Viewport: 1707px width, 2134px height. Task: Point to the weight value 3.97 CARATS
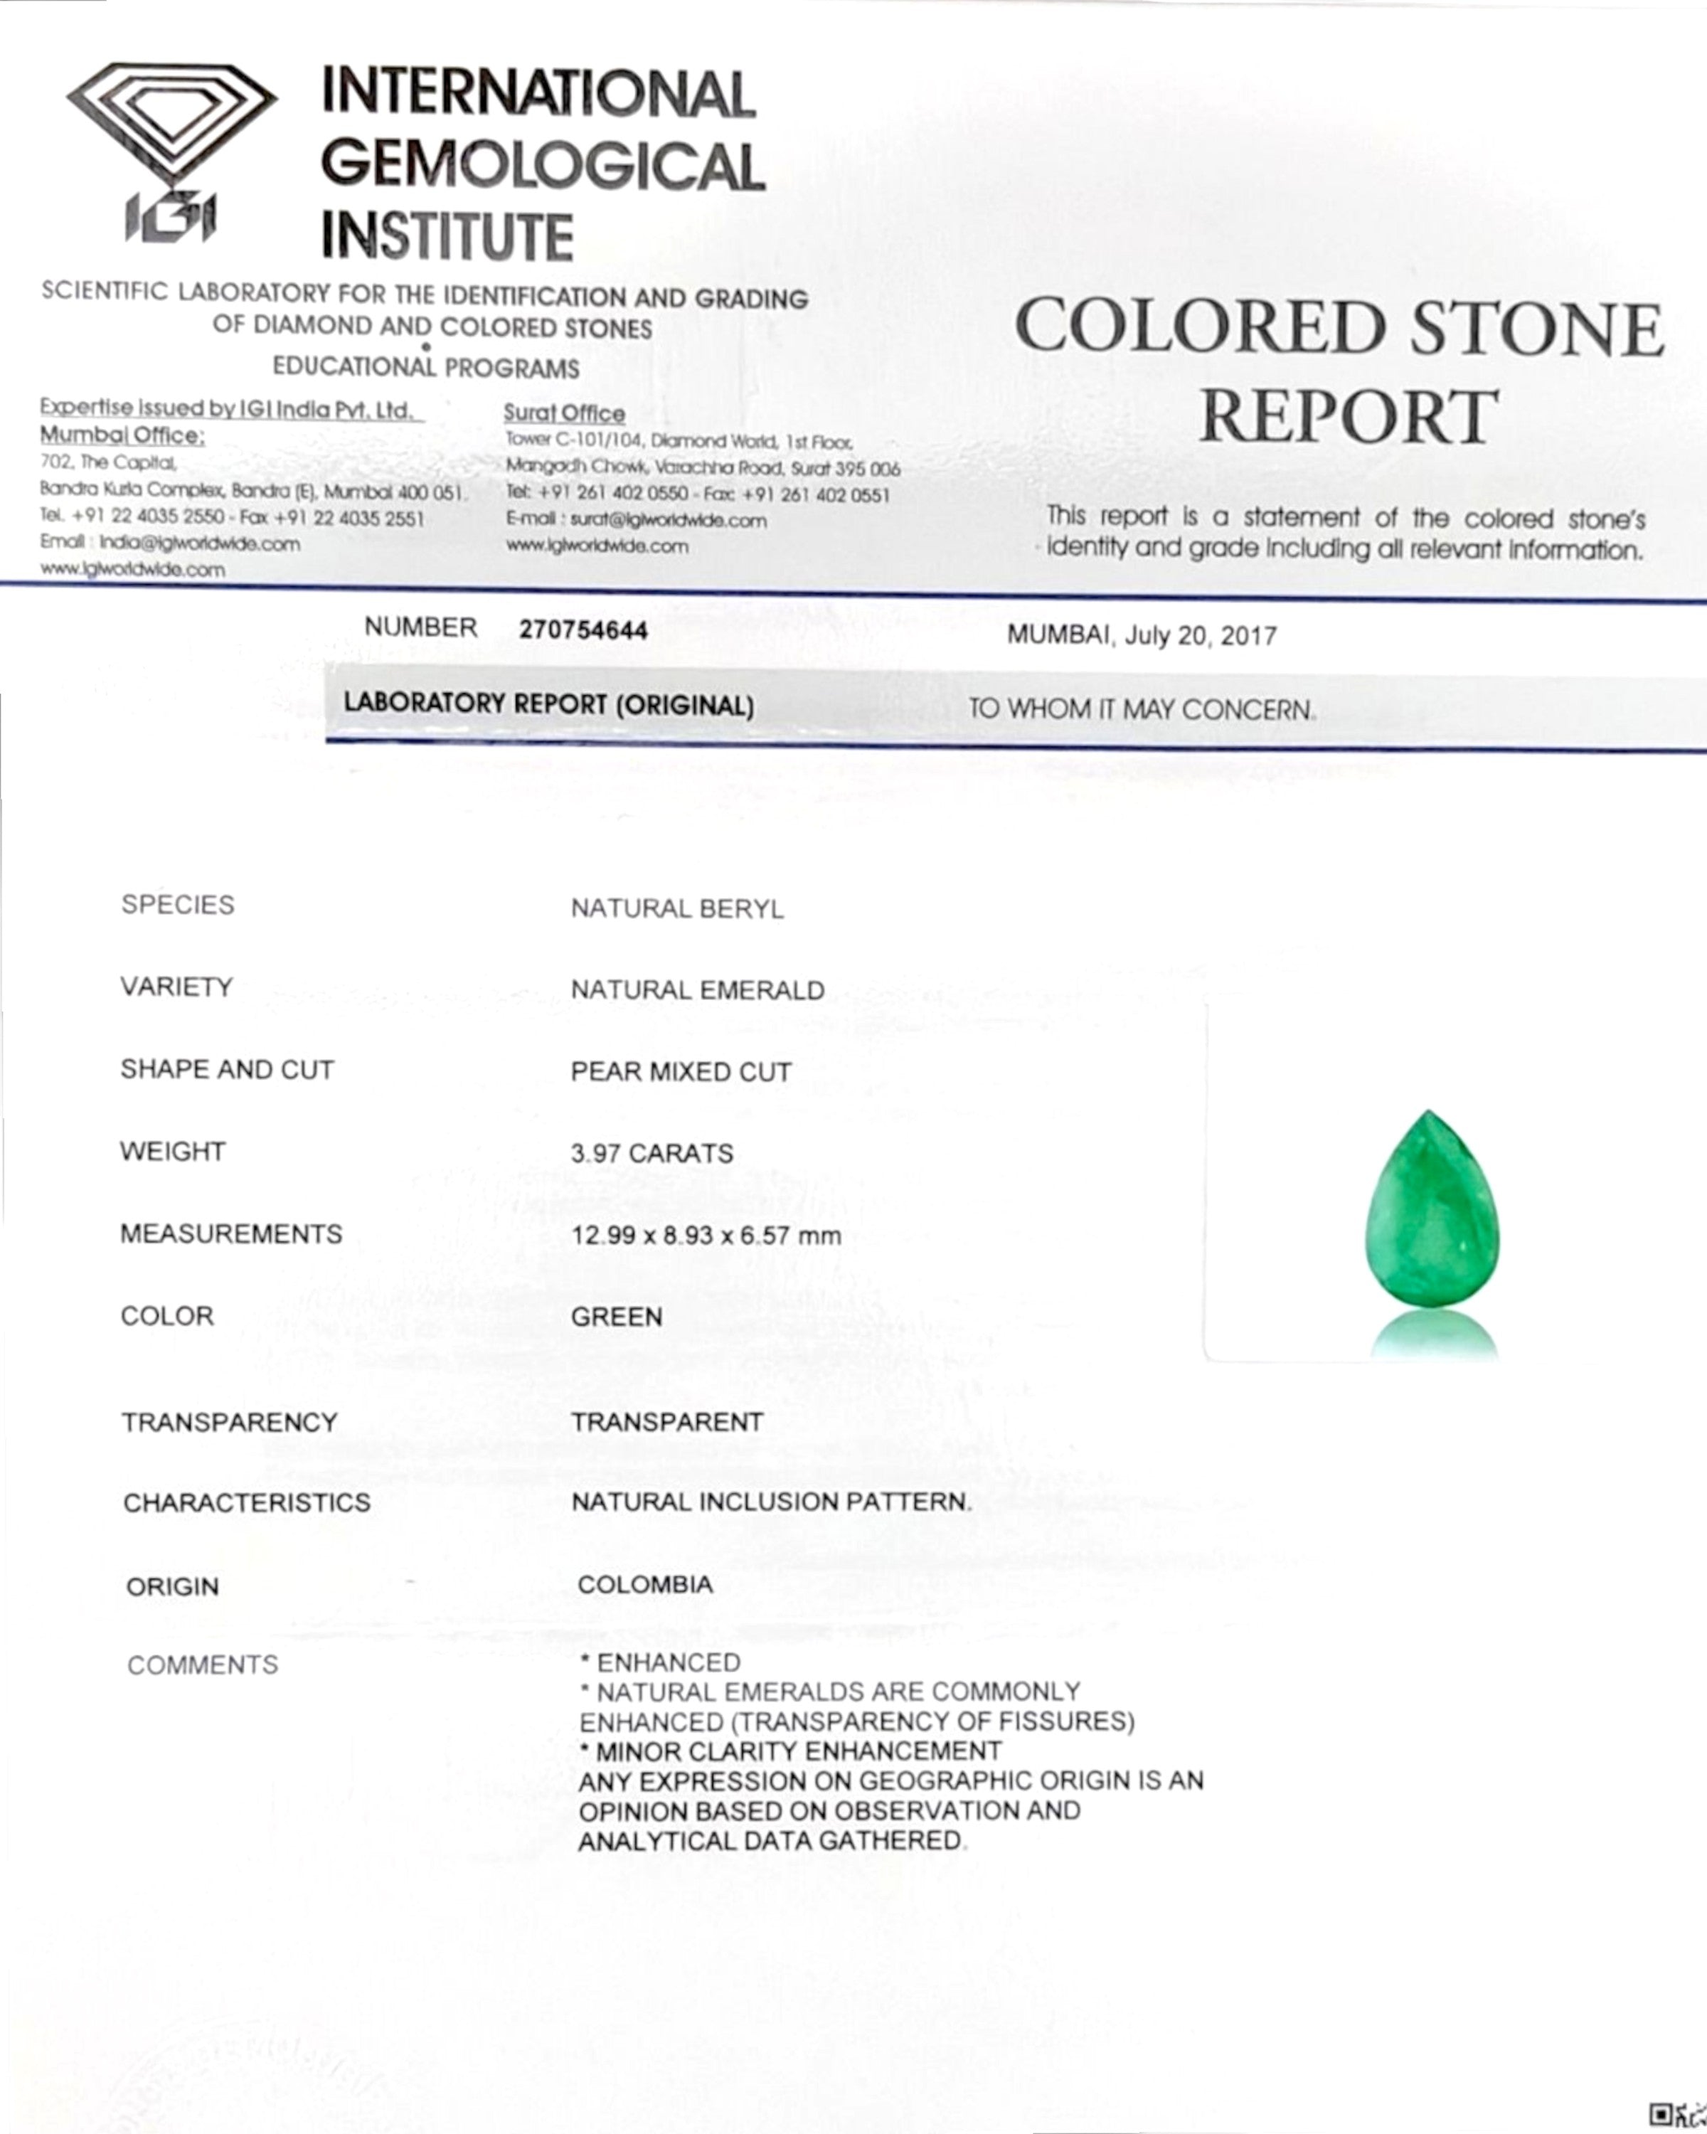click(652, 1153)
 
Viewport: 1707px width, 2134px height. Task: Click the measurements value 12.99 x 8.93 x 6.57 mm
click(706, 1236)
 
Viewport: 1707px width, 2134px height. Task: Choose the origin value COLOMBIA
click(645, 1585)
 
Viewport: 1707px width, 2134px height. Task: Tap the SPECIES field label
click(178, 905)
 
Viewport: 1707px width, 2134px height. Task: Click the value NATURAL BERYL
click(677, 908)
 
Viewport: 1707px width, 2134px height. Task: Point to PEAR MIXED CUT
click(681, 1072)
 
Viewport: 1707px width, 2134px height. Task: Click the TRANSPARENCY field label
click(230, 1423)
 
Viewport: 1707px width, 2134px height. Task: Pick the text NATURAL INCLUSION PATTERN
click(772, 1502)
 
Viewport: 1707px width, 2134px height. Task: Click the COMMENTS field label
click(203, 1665)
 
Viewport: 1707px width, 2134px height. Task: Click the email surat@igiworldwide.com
click(668, 521)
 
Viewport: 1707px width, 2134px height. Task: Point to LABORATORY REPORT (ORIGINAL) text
click(548, 705)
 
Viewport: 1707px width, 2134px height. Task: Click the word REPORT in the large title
click(1348, 417)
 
